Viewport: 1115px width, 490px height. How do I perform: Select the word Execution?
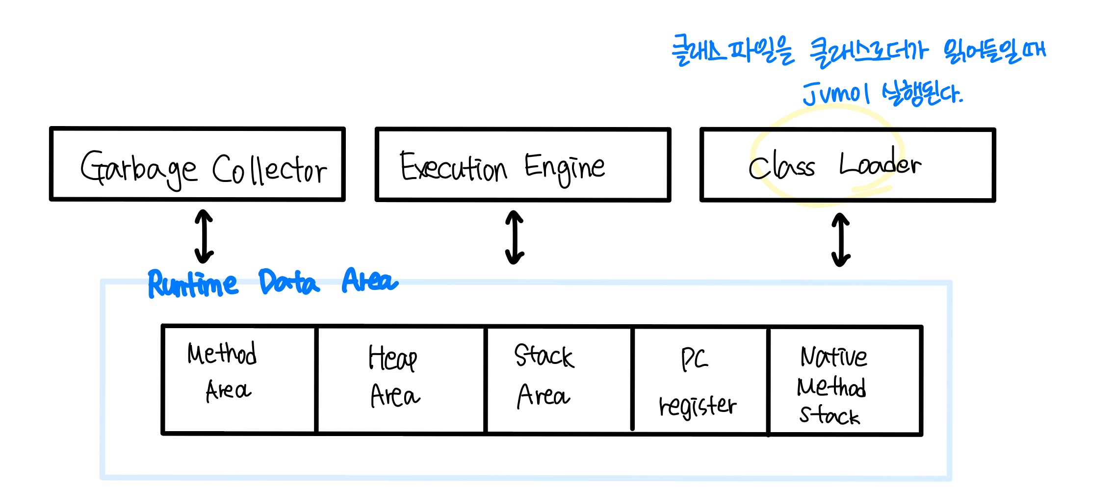tap(453, 168)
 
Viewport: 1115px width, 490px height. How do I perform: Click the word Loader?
tap(880, 164)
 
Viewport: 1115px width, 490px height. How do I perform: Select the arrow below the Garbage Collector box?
tap(204, 236)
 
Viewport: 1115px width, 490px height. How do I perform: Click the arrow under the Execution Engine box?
tap(515, 237)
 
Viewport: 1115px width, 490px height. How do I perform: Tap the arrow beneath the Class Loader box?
tap(841, 239)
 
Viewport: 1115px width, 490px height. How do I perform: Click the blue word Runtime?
tap(193, 284)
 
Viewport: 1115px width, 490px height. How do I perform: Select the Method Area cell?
tap(239, 380)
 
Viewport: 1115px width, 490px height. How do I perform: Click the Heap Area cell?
tap(401, 381)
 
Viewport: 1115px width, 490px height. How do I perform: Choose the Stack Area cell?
tap(559, 381)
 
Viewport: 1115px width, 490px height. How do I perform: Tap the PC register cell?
tap(700, 381)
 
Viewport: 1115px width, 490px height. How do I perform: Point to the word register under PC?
tap(698, 406)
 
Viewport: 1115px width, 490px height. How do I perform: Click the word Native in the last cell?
tap(833, 357)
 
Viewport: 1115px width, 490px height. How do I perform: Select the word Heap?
tap(393, 358)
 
